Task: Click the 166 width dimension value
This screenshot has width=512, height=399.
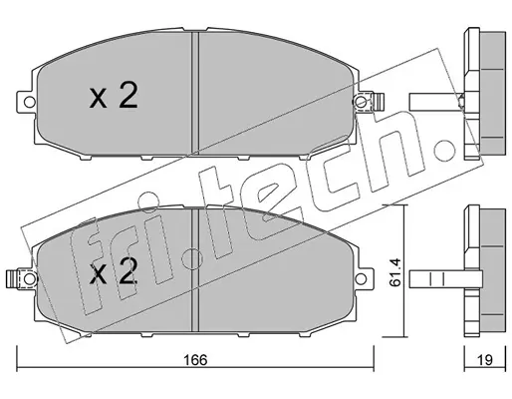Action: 196,360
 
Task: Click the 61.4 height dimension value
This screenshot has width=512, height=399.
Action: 395,271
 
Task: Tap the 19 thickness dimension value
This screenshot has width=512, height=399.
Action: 485,360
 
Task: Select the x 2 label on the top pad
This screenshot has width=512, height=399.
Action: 114,96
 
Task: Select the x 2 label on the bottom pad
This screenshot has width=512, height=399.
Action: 114,271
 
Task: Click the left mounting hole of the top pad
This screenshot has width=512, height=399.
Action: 30,102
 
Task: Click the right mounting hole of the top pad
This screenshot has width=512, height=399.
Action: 361,101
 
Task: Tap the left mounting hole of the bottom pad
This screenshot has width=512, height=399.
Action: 30,278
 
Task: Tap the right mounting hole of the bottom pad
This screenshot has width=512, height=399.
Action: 361,278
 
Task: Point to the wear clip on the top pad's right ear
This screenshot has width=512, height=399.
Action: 379,102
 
